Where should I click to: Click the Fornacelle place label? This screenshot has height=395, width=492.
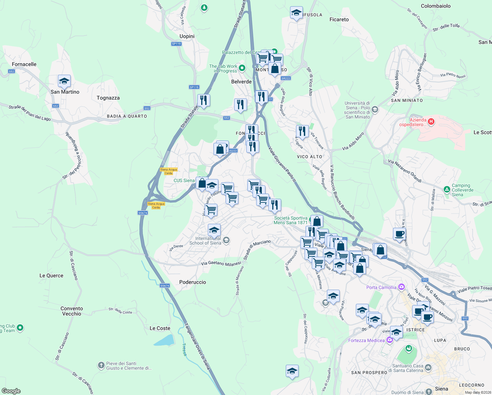[x=24, y=64]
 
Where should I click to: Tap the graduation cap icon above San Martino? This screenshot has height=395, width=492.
[x=64, y=81]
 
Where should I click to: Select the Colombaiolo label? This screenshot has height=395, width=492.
[x=435, y=6]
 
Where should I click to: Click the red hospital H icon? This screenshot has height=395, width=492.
[x=431, y=122]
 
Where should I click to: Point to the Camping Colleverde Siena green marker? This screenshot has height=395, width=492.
[x=447, y=189]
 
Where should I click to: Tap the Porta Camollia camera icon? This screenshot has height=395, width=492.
[x=401, y=287]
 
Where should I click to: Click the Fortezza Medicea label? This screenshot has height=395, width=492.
[x=366, y=340]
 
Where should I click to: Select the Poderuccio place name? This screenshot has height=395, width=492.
[x=193, y=282]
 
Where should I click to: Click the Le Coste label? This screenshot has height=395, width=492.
[x=160, y=328]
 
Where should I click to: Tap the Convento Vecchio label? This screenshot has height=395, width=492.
[x=72, y=311]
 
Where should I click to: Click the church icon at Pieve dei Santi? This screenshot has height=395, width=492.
[x=101, y=365]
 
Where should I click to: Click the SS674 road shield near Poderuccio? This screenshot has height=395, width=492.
[x=165, y=285]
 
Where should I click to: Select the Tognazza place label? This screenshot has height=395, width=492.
[x=108, y=98]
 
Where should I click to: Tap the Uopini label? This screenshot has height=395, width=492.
[x=187, y=36]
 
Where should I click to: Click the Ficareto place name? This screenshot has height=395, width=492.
[x=339, y=19]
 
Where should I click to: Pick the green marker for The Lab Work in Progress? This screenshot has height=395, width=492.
[x=242, y=68]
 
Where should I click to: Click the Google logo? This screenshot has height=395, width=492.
[x=11, y=391]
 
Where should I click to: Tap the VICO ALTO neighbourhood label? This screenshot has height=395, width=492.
[x=309, y=157]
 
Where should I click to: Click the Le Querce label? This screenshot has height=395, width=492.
[x=51, y=276]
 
